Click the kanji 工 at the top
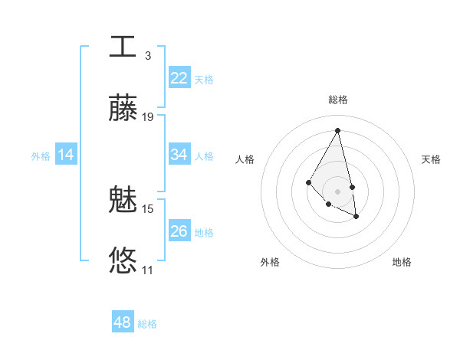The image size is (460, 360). click(123, 46)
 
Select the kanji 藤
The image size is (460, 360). click(123, 107)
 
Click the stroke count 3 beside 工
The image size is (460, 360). click(148, 56)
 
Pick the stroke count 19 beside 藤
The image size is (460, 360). click(148, 117)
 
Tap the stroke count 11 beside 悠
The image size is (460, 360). click(148, 270)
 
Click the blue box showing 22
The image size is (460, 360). click(179, 78)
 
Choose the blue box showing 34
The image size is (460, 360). click(179, 155)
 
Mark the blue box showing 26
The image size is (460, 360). click(179, 231)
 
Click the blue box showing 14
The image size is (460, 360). click(66, 155)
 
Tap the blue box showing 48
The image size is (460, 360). click(123, 322)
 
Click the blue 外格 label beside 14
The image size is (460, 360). click(41, 156)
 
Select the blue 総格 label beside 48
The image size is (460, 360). click(147, 324)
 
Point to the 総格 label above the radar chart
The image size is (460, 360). click(338, 100)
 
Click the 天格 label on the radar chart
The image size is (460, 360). click(431, 159)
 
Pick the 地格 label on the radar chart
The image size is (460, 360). click(402, 263)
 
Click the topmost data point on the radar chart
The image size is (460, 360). click(338, 129)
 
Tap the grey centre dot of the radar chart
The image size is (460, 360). click(338, 191)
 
